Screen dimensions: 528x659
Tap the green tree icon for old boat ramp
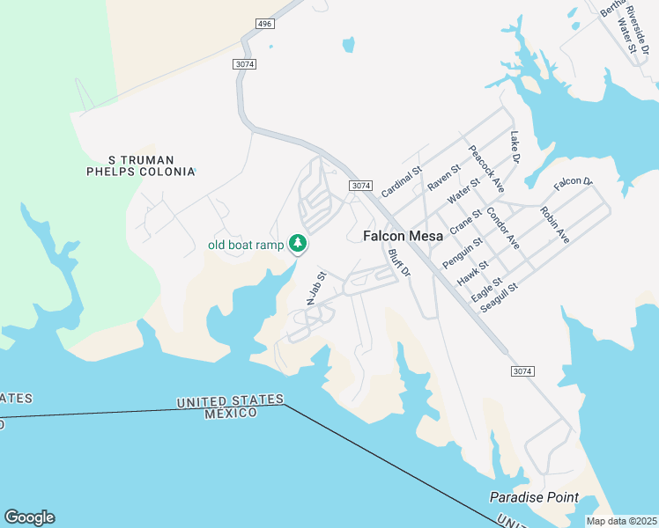click(299, 243)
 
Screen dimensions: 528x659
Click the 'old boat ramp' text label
click(246, 246)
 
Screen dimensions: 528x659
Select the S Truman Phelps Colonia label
click(140, 165)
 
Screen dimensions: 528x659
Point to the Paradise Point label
click(534, 498)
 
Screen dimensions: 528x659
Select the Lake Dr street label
click(516, 148)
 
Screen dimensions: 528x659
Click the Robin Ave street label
click(554, 224)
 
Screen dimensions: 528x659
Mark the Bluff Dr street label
click(399, 263)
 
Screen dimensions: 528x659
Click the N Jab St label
click(315, 288)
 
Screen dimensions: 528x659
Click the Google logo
click(29, 517)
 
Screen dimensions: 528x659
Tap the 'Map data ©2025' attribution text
click(622, 521)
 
